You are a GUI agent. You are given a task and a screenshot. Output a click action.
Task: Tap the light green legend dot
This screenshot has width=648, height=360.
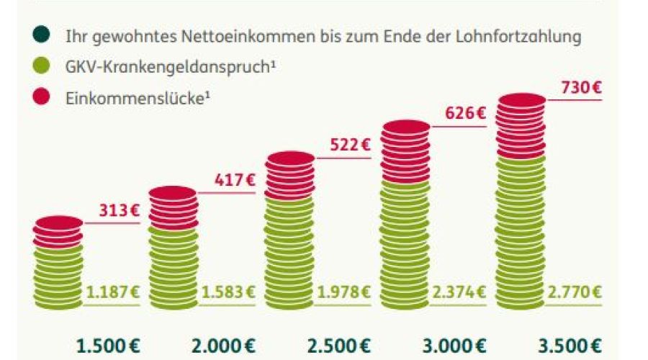[41, 66]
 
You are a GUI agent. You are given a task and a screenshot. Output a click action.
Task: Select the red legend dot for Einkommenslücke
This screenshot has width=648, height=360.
[41, 97]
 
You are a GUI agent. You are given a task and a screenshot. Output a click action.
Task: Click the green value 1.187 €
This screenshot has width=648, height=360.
[112, 292]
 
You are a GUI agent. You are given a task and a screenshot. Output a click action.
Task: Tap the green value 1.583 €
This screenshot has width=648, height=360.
[228, 292]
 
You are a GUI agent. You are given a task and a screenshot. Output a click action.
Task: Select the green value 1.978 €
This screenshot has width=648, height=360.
[343, 292]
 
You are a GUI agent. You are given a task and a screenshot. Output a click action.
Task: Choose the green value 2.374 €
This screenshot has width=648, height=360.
[459, 292]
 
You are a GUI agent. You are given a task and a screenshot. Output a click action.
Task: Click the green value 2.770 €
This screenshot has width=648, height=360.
[575, 292]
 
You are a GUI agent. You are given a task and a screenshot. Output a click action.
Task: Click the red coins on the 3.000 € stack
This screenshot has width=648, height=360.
[405, 151]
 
